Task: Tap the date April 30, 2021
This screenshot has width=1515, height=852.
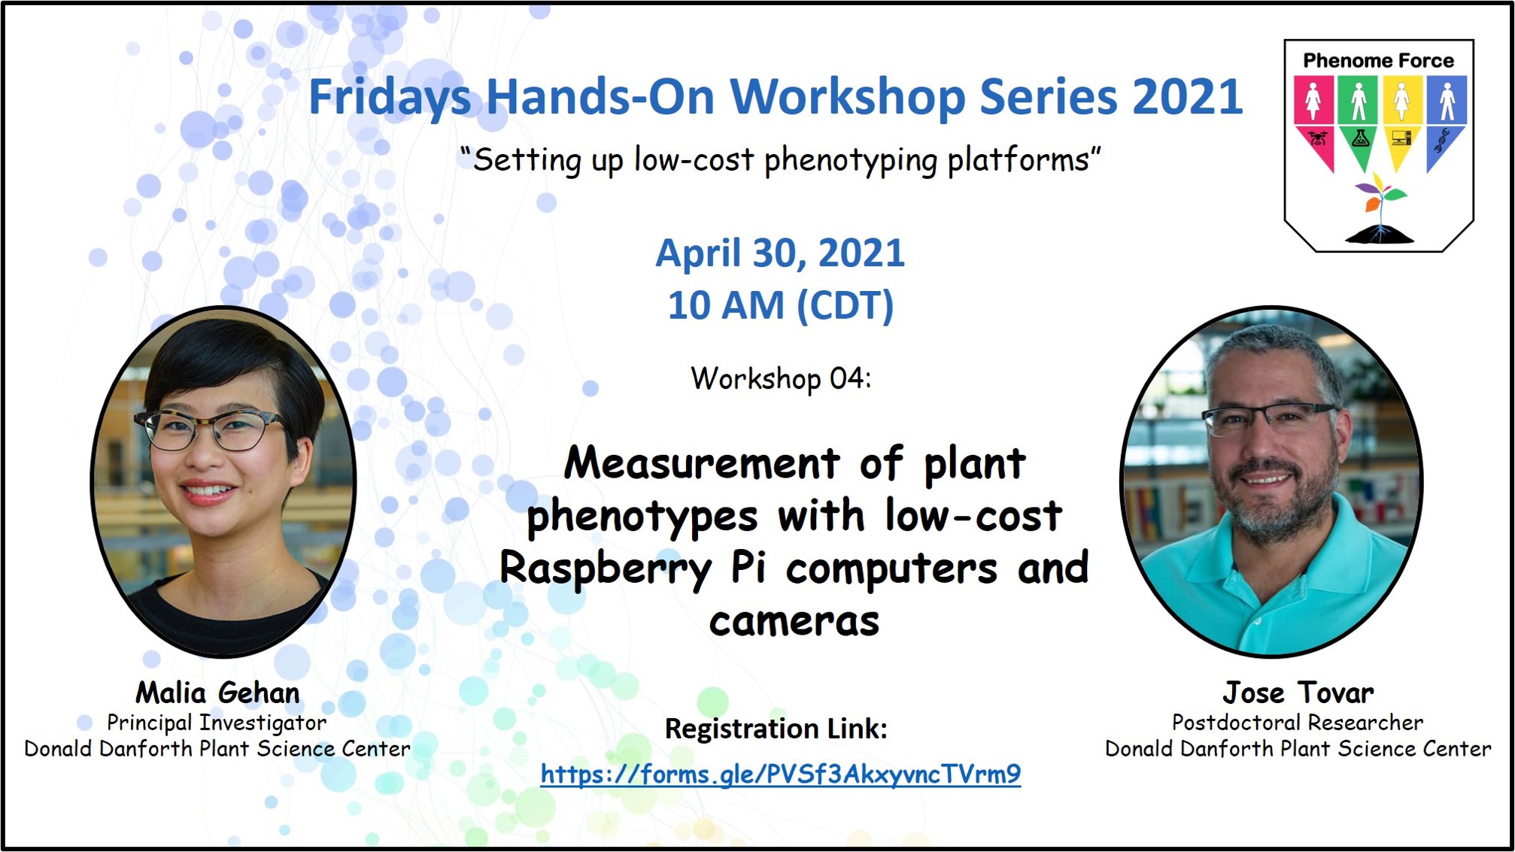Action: tap(780, 253)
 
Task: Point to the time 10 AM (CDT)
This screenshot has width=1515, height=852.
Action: tap(781, 306)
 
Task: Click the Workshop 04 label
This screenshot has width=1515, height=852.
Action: tap(781, 378)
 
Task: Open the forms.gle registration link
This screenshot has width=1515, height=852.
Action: tap(781, 774)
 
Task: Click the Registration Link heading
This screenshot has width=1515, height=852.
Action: tap(776, 729)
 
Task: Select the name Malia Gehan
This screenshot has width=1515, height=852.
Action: tap(217, 693)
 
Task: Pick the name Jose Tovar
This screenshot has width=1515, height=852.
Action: tap(1298, 693)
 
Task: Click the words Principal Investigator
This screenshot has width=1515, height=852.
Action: tap(217, 723)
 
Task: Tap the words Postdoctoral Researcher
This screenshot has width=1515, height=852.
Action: tap(1298, 723)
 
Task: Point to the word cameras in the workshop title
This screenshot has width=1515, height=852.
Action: tap(794, 621)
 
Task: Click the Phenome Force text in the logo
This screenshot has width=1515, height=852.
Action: tap(1379, 60)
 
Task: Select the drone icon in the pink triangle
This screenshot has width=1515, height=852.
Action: tap(1316, 138)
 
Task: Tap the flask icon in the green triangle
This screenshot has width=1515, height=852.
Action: tap(1359, 138)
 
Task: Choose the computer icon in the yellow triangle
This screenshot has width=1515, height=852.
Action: tap(1402, 138)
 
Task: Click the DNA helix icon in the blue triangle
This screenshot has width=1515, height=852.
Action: tap(1442, 140)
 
